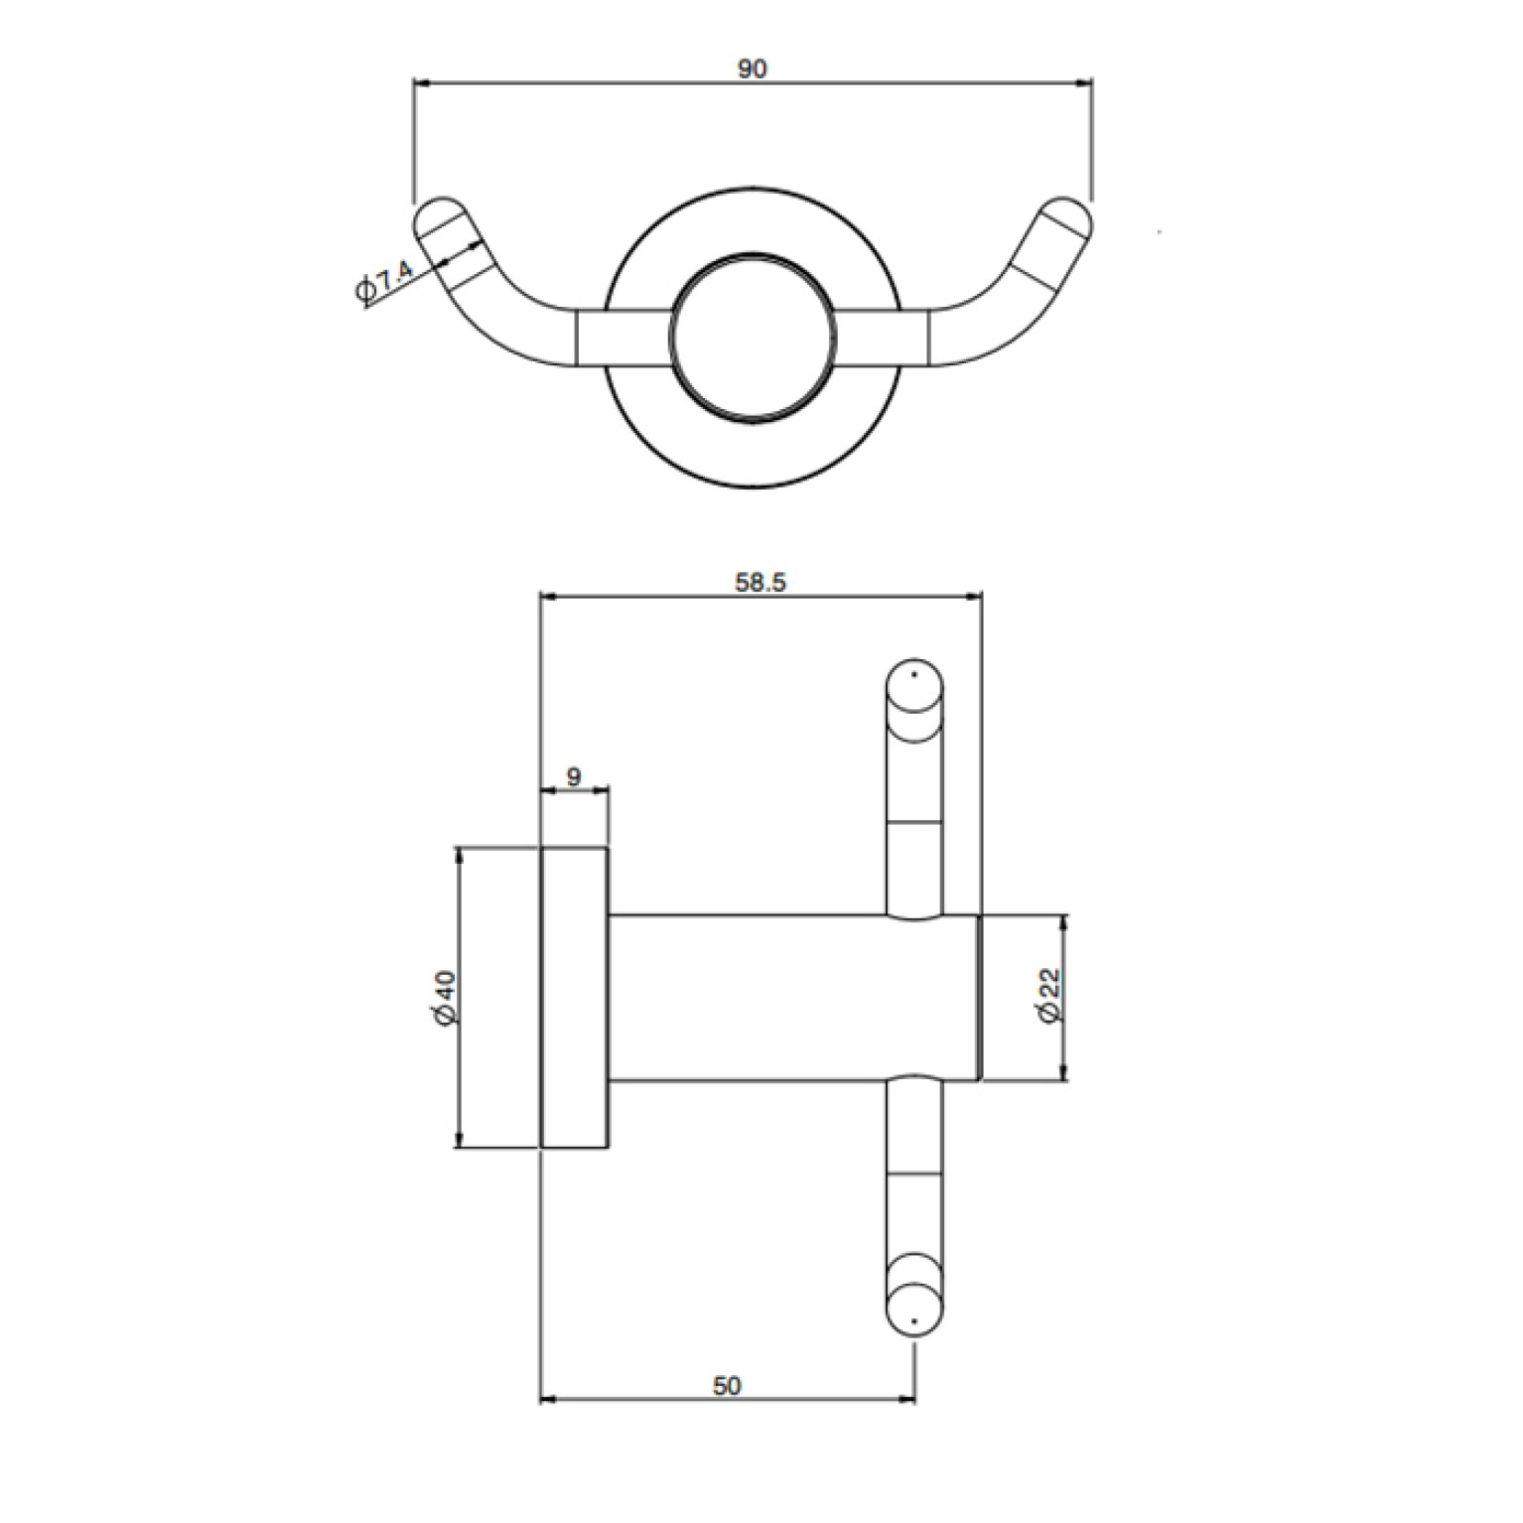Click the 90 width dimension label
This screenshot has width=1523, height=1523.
coord(753,69)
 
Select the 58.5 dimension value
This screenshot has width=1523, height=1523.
coord(761,582)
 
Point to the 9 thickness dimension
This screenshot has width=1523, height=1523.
coord(574,776)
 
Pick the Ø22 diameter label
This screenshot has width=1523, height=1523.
coord(1051,996)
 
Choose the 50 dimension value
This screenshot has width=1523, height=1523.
coord(727,1386)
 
